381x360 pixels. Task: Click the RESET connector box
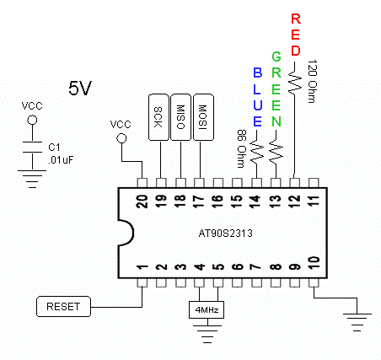click(x=63, y=306)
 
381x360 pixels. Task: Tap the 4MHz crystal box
click(x=207, y=310)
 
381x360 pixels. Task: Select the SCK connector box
click(x=158, y=117)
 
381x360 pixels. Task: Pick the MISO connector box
click(x=180, y=117)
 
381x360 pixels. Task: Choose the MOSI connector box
click(x=203, y=117)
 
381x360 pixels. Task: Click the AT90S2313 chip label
click(x=226, y=234)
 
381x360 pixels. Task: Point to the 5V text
click(x=80, y=88)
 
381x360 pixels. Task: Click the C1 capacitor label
click(x=54, y=148)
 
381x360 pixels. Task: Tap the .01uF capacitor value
click(x=61, y=160)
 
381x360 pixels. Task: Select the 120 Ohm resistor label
click(x=312, y=81)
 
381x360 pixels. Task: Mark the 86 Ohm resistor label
click(x=241, y=148)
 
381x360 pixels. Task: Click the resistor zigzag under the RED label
click(x=294, y=82)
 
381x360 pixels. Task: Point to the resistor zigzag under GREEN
click(x=276, y=152)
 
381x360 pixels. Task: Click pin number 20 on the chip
click(x=142, y=201)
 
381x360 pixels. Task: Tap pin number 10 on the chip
click(x=314, y=263)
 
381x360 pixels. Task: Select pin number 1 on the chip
click(x=142, y=266)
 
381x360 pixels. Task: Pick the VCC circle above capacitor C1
click(x=32, y=120)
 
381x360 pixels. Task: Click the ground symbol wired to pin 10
click(x=357, y=322)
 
